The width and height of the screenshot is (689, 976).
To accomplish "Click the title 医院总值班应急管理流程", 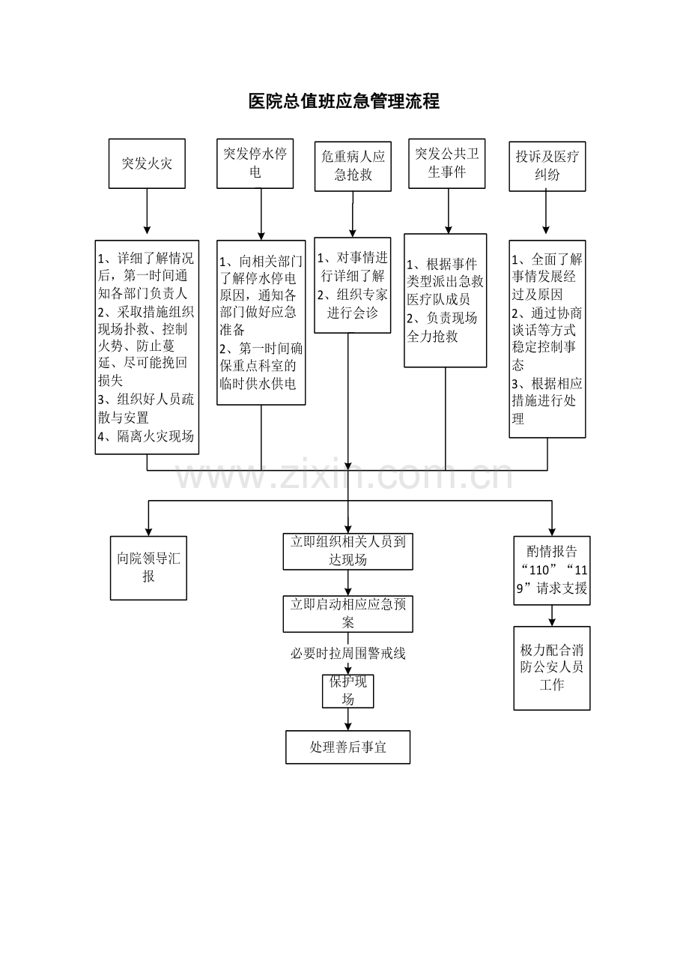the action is (344, 101).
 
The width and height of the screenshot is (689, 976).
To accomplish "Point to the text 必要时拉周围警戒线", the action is (347, 654).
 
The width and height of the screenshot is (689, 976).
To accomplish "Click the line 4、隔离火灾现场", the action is (146, 436).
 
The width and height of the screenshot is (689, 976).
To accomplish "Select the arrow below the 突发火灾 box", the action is (147, 211).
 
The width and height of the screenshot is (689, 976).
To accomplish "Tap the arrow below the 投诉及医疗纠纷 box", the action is (546, 212).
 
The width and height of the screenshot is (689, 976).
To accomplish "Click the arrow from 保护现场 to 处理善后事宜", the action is (347, 720).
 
